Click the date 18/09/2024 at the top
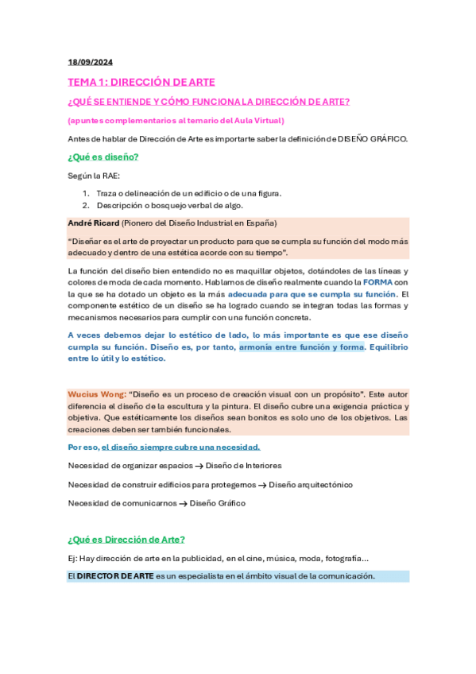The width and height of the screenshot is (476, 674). (90, 62)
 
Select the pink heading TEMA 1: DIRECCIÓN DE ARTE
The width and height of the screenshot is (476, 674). (141, 82)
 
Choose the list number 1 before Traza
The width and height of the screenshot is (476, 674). (86, 193)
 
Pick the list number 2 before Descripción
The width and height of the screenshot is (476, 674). (86, 205)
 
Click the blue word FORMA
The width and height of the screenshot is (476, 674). (377, 282)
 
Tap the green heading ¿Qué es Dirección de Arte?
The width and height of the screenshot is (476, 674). (126, 539)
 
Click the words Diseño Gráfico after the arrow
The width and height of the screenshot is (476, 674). (218, 503)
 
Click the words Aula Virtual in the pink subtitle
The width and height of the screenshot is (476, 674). (258, 120)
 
